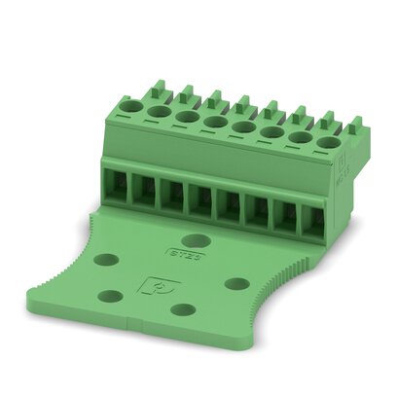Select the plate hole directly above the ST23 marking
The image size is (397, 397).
click(x=198, y=238)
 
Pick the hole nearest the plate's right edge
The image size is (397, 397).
click(x=238, y=283)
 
